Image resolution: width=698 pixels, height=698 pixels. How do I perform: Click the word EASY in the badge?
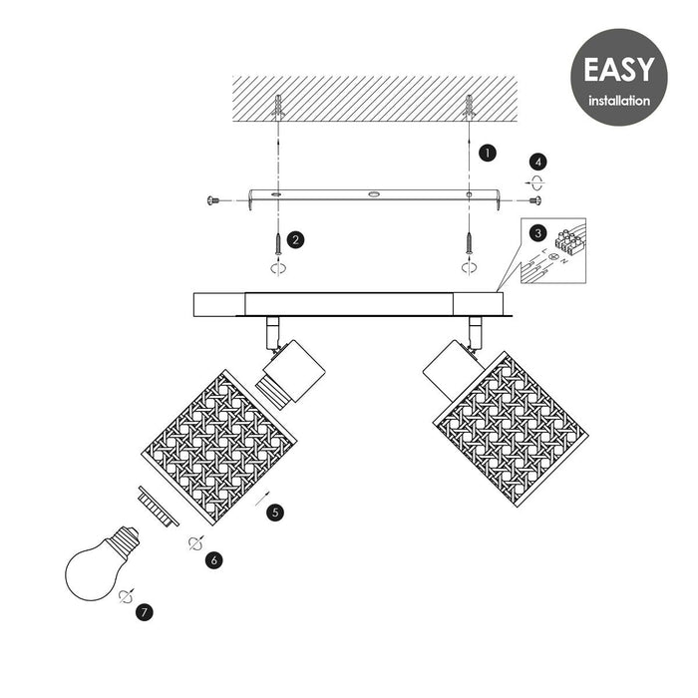(619, 70)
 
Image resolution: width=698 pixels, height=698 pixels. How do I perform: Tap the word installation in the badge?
(619, 101)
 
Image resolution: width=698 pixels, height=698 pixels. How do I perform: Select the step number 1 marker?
(488, 153)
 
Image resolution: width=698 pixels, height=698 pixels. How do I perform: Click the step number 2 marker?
(295, 240)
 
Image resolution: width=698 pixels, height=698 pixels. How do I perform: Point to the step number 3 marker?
(538, 232)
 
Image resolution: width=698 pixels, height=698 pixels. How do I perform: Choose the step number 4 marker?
(538, 162)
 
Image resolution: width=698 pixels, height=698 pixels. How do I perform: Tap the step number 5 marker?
(275, 513)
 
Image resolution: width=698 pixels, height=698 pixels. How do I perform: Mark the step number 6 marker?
(214, 560)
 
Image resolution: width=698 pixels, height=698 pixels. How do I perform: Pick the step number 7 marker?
(145, 612)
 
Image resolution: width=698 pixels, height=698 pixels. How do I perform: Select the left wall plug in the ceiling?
(278, 107)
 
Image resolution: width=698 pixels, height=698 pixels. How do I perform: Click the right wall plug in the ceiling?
(469, 107)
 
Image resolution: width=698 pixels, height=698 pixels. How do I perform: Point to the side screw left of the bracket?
(213, 200)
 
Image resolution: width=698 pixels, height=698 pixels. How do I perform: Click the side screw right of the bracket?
(535, 200)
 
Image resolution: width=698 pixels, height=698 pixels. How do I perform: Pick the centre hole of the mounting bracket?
(374, 194)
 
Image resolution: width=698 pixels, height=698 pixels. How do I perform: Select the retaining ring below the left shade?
(159, 507)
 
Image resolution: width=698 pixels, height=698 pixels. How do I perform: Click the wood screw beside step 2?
(278, 244)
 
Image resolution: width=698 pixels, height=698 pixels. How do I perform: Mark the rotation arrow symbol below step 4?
(535, 182)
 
